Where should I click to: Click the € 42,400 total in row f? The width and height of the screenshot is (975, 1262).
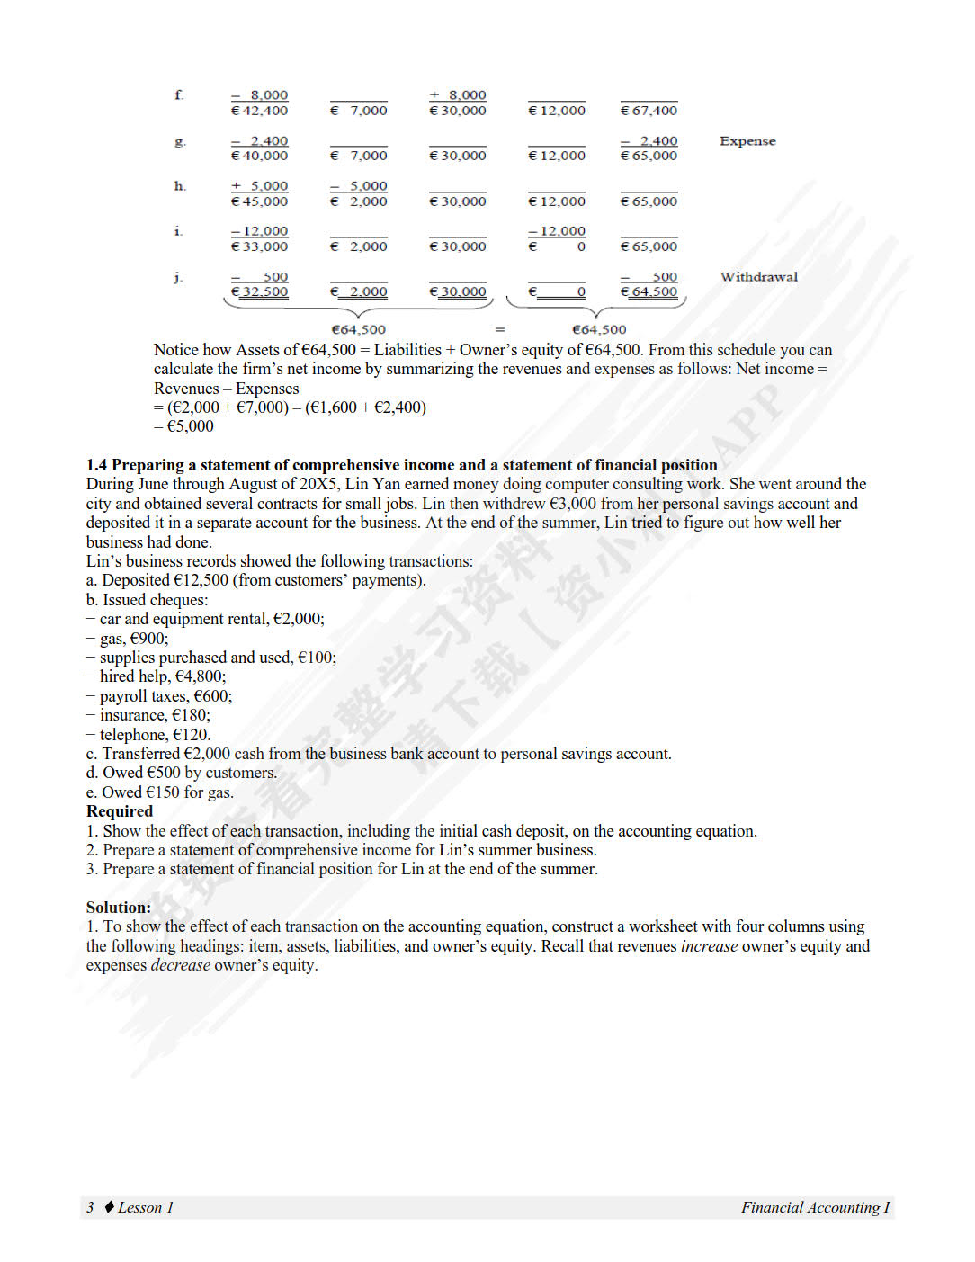tap(260, 111)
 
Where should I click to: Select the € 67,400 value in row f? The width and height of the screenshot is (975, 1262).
tap(649, 111)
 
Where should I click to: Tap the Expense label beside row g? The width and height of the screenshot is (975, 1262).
tap(747, 141)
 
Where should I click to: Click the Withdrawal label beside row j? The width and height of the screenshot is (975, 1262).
tap(758, 277)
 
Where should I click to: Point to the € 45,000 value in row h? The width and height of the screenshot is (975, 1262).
tap(260, 201)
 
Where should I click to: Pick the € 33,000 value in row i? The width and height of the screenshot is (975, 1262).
tap(260, 246)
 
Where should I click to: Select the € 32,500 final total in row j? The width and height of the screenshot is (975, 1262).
tap(260, 291)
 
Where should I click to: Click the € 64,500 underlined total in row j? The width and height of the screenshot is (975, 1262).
tap(649, 291)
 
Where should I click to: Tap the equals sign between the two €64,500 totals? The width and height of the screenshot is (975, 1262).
tap(500, 330)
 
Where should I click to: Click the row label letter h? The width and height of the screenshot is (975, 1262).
tap(180, 186)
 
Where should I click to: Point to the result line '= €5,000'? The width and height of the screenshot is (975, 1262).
tap(184, 426)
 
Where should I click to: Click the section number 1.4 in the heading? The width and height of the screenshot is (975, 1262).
tap(96, 465)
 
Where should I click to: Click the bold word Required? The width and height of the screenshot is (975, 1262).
tap(120, 811)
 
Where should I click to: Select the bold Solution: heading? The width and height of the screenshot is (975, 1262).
tap(119, 908)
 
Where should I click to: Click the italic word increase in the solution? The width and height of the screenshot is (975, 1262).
tap(709, 946)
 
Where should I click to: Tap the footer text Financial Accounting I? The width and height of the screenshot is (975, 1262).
tap(815, 1207)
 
